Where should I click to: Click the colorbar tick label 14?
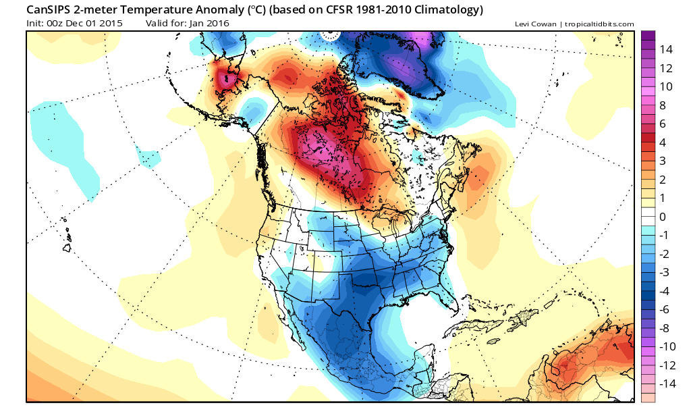click(x=666, y=49)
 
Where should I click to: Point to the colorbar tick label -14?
click(x=667, y=384)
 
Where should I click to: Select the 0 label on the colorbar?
click(x=663, y=217)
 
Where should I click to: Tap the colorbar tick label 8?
click(x=663, y=105)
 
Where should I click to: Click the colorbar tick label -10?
click(x=667, y=346)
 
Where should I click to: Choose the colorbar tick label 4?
click(x=663, y=142)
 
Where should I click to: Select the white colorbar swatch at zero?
click(x=648, y=216)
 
